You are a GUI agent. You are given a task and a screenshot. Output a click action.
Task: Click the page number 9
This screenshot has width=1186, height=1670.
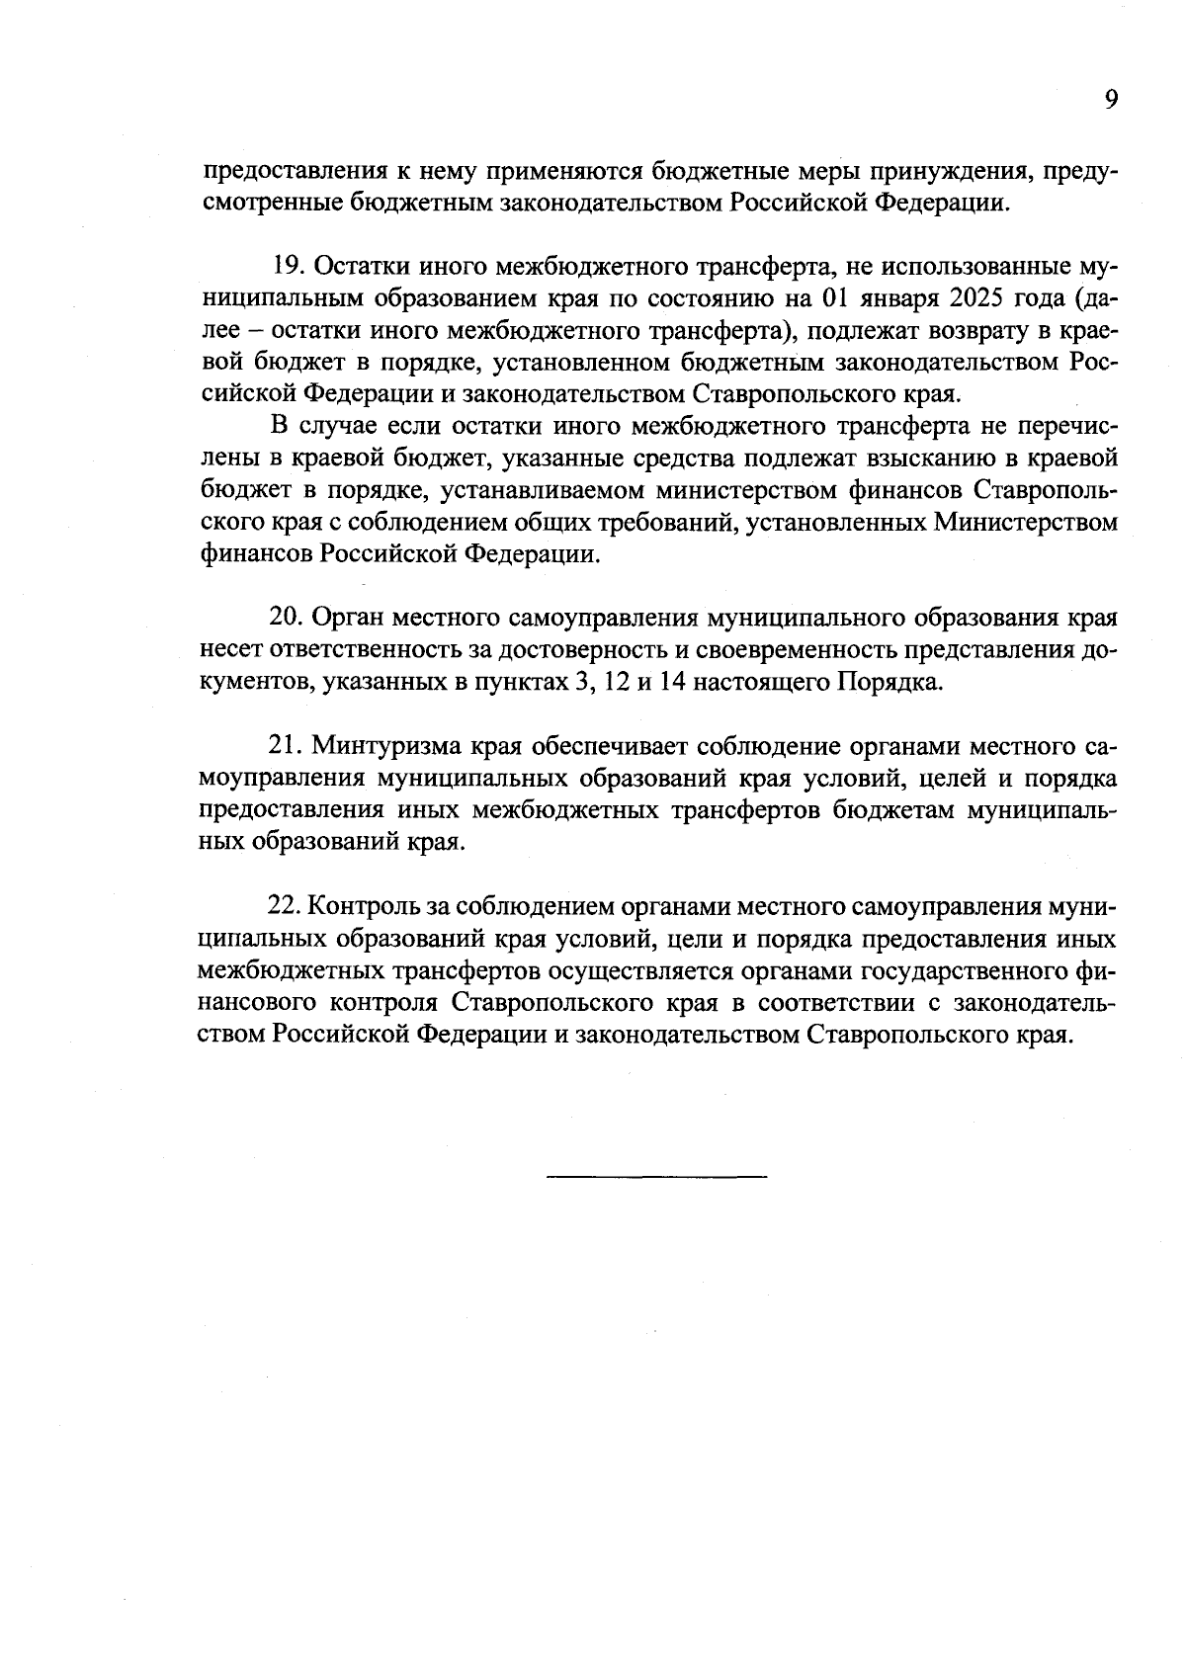[x=1110, y=100]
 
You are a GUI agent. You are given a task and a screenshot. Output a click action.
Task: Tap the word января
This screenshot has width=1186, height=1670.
[x=897, y=298]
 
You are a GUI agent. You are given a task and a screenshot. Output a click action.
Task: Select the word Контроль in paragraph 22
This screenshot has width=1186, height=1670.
[x=365, y=907]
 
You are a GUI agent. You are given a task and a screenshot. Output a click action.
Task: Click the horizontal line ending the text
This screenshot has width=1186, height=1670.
[x=656, y=1176]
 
